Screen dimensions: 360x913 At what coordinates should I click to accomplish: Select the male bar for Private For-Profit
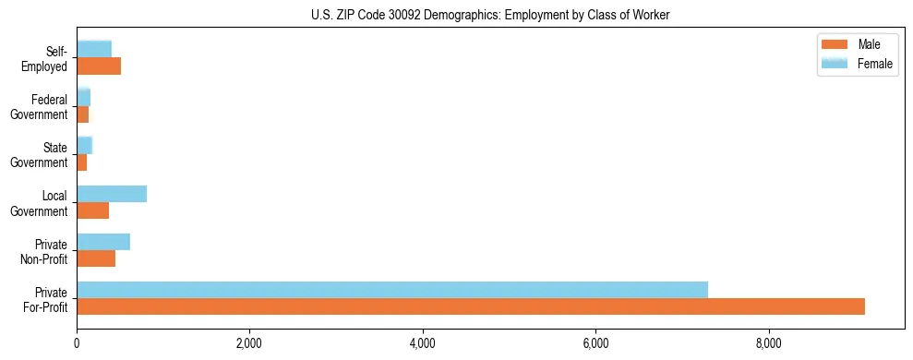coord(470,306)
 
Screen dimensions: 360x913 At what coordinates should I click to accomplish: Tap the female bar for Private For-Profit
coord(392,290)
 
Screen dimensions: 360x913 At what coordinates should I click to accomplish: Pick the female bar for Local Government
coord(112,194)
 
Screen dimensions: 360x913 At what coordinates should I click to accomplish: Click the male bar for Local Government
coord(92,210)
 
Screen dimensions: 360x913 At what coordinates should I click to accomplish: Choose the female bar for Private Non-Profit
coord(103,242)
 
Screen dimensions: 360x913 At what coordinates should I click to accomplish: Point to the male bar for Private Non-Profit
coord(96,258)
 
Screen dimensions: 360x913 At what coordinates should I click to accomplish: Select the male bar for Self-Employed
coord(99,66)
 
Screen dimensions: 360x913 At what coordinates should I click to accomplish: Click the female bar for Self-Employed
coord(94,49)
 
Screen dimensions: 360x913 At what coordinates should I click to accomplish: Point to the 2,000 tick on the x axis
coord(249,343)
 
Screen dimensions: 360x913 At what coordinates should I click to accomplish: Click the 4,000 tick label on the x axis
coord(423,343)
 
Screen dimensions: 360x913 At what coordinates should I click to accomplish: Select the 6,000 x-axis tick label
coord(595,343)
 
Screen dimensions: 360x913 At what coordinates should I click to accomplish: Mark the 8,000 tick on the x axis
coord(769,343)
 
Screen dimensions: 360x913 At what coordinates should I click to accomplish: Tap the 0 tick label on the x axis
coord(77,343)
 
